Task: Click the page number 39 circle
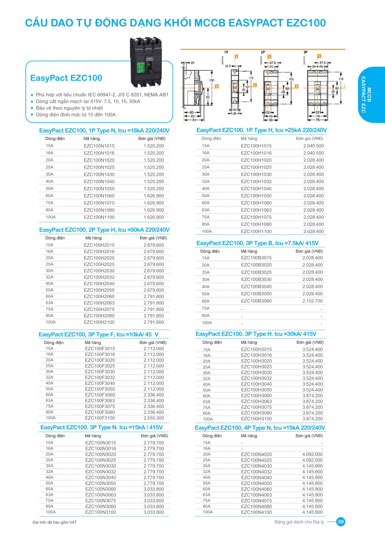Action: click(340, 522)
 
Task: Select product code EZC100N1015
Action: click(99, 146)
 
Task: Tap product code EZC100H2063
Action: click(99, 303)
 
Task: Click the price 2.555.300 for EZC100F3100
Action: click(154, 418)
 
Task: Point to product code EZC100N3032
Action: click(101, 472)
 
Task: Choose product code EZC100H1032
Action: click(256, 181)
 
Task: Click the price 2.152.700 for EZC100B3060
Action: click(313, 301)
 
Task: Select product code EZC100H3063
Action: click(256, 401)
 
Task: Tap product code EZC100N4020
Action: click(256, 454)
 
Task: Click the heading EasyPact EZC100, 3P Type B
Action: click(257, 243)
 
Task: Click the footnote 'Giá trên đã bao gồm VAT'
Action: click(54, 522)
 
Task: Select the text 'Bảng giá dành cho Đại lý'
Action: click(299, 522)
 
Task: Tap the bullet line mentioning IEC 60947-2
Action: click(102, 95)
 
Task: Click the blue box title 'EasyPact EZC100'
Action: click(66, 78)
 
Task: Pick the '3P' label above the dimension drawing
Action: click(305, 52)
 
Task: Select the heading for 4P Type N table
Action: click(260, 428)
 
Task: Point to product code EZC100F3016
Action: click(100, 354)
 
